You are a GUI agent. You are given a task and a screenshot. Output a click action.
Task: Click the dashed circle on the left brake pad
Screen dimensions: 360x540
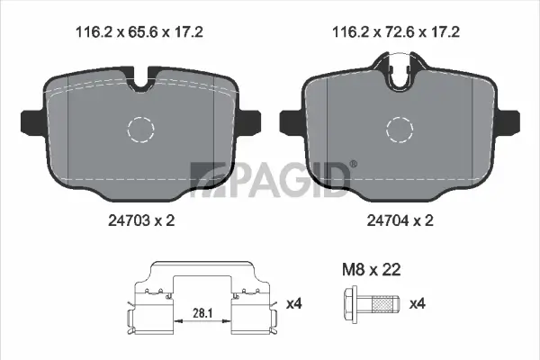(x=142, y=129)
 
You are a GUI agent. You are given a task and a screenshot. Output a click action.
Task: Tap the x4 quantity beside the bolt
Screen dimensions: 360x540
(x=417, y=304)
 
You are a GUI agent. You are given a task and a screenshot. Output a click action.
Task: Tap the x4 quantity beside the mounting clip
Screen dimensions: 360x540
(x=292, y=304)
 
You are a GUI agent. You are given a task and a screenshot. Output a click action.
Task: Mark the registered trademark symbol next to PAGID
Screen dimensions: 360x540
(x=352, y=164)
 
